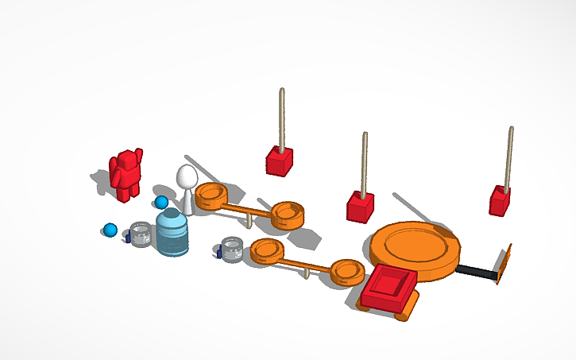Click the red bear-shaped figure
click(x=126, y=173)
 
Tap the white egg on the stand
click(x=187, y=178)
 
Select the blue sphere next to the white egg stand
click(x=161, y=203)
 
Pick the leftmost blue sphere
click(x=110, y=230)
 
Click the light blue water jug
click(x=172, y=233)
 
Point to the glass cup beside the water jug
click(x=141, y=235)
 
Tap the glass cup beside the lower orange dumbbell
click(x=232, y=249)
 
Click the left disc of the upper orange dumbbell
click(x=211, y=194)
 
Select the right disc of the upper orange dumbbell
click(x=287, y=213)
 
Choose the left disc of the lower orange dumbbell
click(x=267, y=250)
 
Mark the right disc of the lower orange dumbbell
click(x=347, y=271)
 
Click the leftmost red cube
click(x=279, y=161)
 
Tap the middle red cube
click(x=360, y=207)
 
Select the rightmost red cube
click(x=500, y=201)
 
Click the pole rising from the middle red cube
click(x=365, y=162)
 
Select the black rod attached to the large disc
click(x=477, y=273)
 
